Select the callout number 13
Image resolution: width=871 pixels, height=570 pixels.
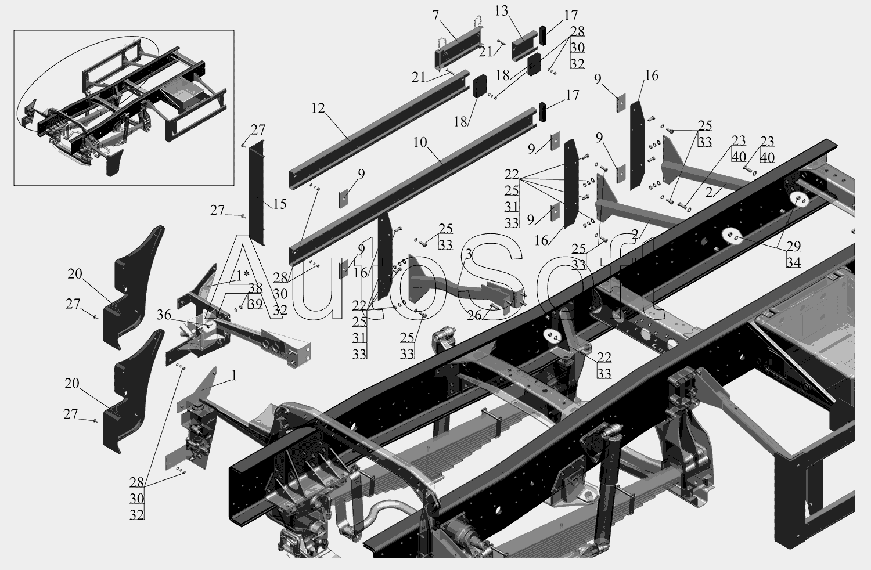coord(502,12)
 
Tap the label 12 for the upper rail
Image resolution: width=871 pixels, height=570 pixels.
coord(318,109)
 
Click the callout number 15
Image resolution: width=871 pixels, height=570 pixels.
coord(280,205)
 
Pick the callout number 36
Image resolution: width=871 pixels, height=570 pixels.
coord(164,315)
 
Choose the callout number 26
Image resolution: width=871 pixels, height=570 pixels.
coord(474,315)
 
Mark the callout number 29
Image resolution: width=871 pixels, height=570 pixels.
coord(793,246)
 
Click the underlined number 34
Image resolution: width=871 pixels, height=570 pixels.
coord(793,262)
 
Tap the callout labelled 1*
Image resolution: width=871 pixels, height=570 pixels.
coord(242,275)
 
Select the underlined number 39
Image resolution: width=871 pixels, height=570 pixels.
coord(255,303)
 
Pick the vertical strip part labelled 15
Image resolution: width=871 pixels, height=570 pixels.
coord(256,192)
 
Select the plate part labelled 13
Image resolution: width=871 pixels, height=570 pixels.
coord(523,47)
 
